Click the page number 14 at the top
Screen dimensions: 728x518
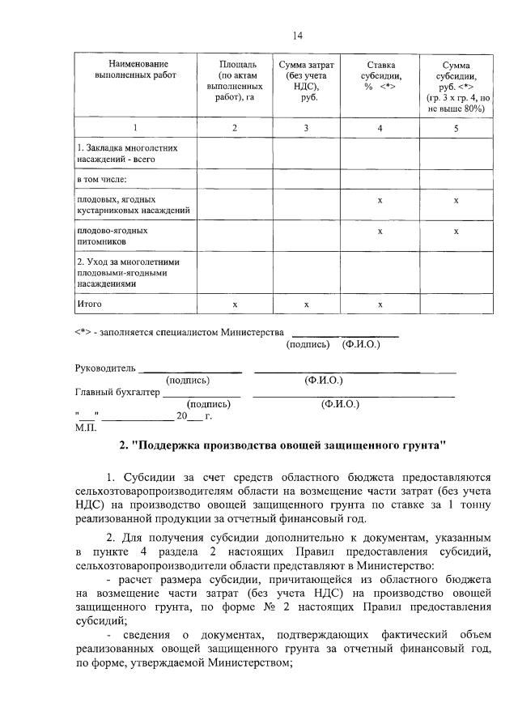point(297,35)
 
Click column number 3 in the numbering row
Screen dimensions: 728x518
point(307,128)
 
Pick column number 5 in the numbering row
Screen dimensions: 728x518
point(456,128)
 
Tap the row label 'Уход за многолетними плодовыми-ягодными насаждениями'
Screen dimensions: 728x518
point(127,273)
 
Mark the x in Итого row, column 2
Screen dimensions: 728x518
point(235,304)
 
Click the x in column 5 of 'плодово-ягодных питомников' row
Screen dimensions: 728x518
point(456,231)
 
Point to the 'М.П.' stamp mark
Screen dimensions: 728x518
point(86,427)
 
